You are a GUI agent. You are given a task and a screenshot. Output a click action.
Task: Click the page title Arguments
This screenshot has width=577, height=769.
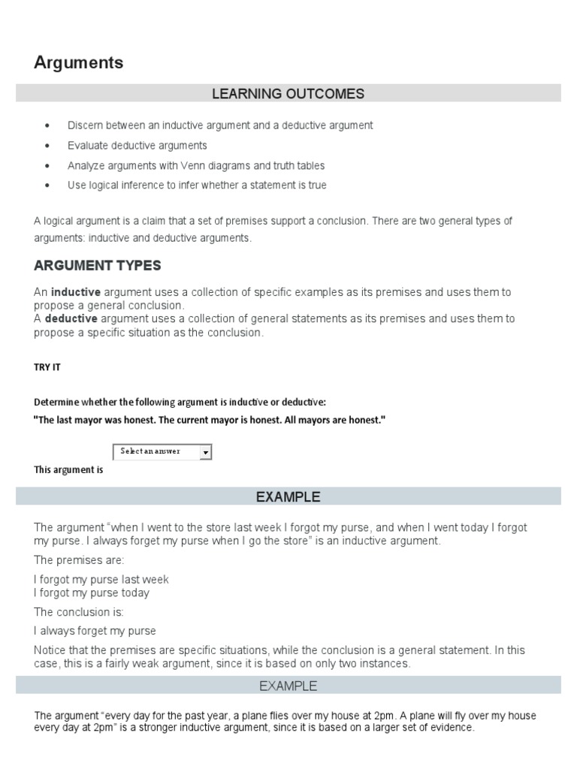pos(78,63)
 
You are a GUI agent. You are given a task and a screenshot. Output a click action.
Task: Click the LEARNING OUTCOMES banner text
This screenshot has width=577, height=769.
pos(288,94)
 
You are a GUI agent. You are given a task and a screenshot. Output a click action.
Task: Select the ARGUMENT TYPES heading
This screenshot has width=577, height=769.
pos(97,266)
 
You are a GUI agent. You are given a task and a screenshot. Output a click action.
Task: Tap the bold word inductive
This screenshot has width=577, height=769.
pos(76,291)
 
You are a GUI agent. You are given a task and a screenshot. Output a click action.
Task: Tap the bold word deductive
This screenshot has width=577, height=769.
pos(71,318)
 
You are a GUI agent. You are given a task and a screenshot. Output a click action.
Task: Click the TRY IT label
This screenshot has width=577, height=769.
pos(47,367)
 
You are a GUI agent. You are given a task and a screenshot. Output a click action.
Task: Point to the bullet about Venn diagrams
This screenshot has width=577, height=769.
pos(195,165)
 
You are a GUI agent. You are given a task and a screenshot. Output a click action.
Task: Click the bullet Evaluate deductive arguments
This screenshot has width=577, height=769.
pos(137,146)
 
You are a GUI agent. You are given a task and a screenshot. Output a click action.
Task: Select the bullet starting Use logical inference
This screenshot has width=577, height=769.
pos(196,185)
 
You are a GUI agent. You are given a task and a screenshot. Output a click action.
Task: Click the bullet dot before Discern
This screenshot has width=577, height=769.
pos(48,126)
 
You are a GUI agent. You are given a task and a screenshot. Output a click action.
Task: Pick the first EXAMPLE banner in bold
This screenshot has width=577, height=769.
pos(288,496)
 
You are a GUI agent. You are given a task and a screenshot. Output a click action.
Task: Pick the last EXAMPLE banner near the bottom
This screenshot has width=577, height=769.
pos(288,686)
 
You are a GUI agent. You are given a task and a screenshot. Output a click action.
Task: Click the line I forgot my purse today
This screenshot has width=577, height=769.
pos(92,593)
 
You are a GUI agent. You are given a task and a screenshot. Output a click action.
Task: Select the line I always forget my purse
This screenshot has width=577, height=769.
pos(95,631)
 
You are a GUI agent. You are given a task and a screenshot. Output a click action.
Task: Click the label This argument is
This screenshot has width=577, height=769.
pos(68,470)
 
